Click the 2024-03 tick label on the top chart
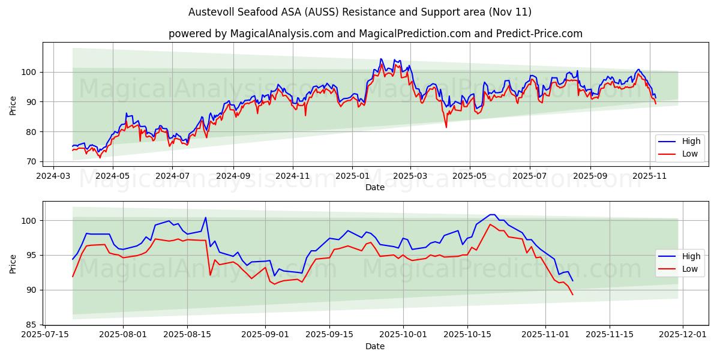coord(54,176)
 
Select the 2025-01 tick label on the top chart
coord(352,176)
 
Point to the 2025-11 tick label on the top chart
coord(650,176)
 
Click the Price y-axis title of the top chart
coord(13,104)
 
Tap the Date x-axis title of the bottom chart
coord(375,346)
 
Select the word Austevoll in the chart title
coord(211,12)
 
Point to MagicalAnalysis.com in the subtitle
coord(282,34)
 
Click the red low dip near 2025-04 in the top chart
coord(446,127)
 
